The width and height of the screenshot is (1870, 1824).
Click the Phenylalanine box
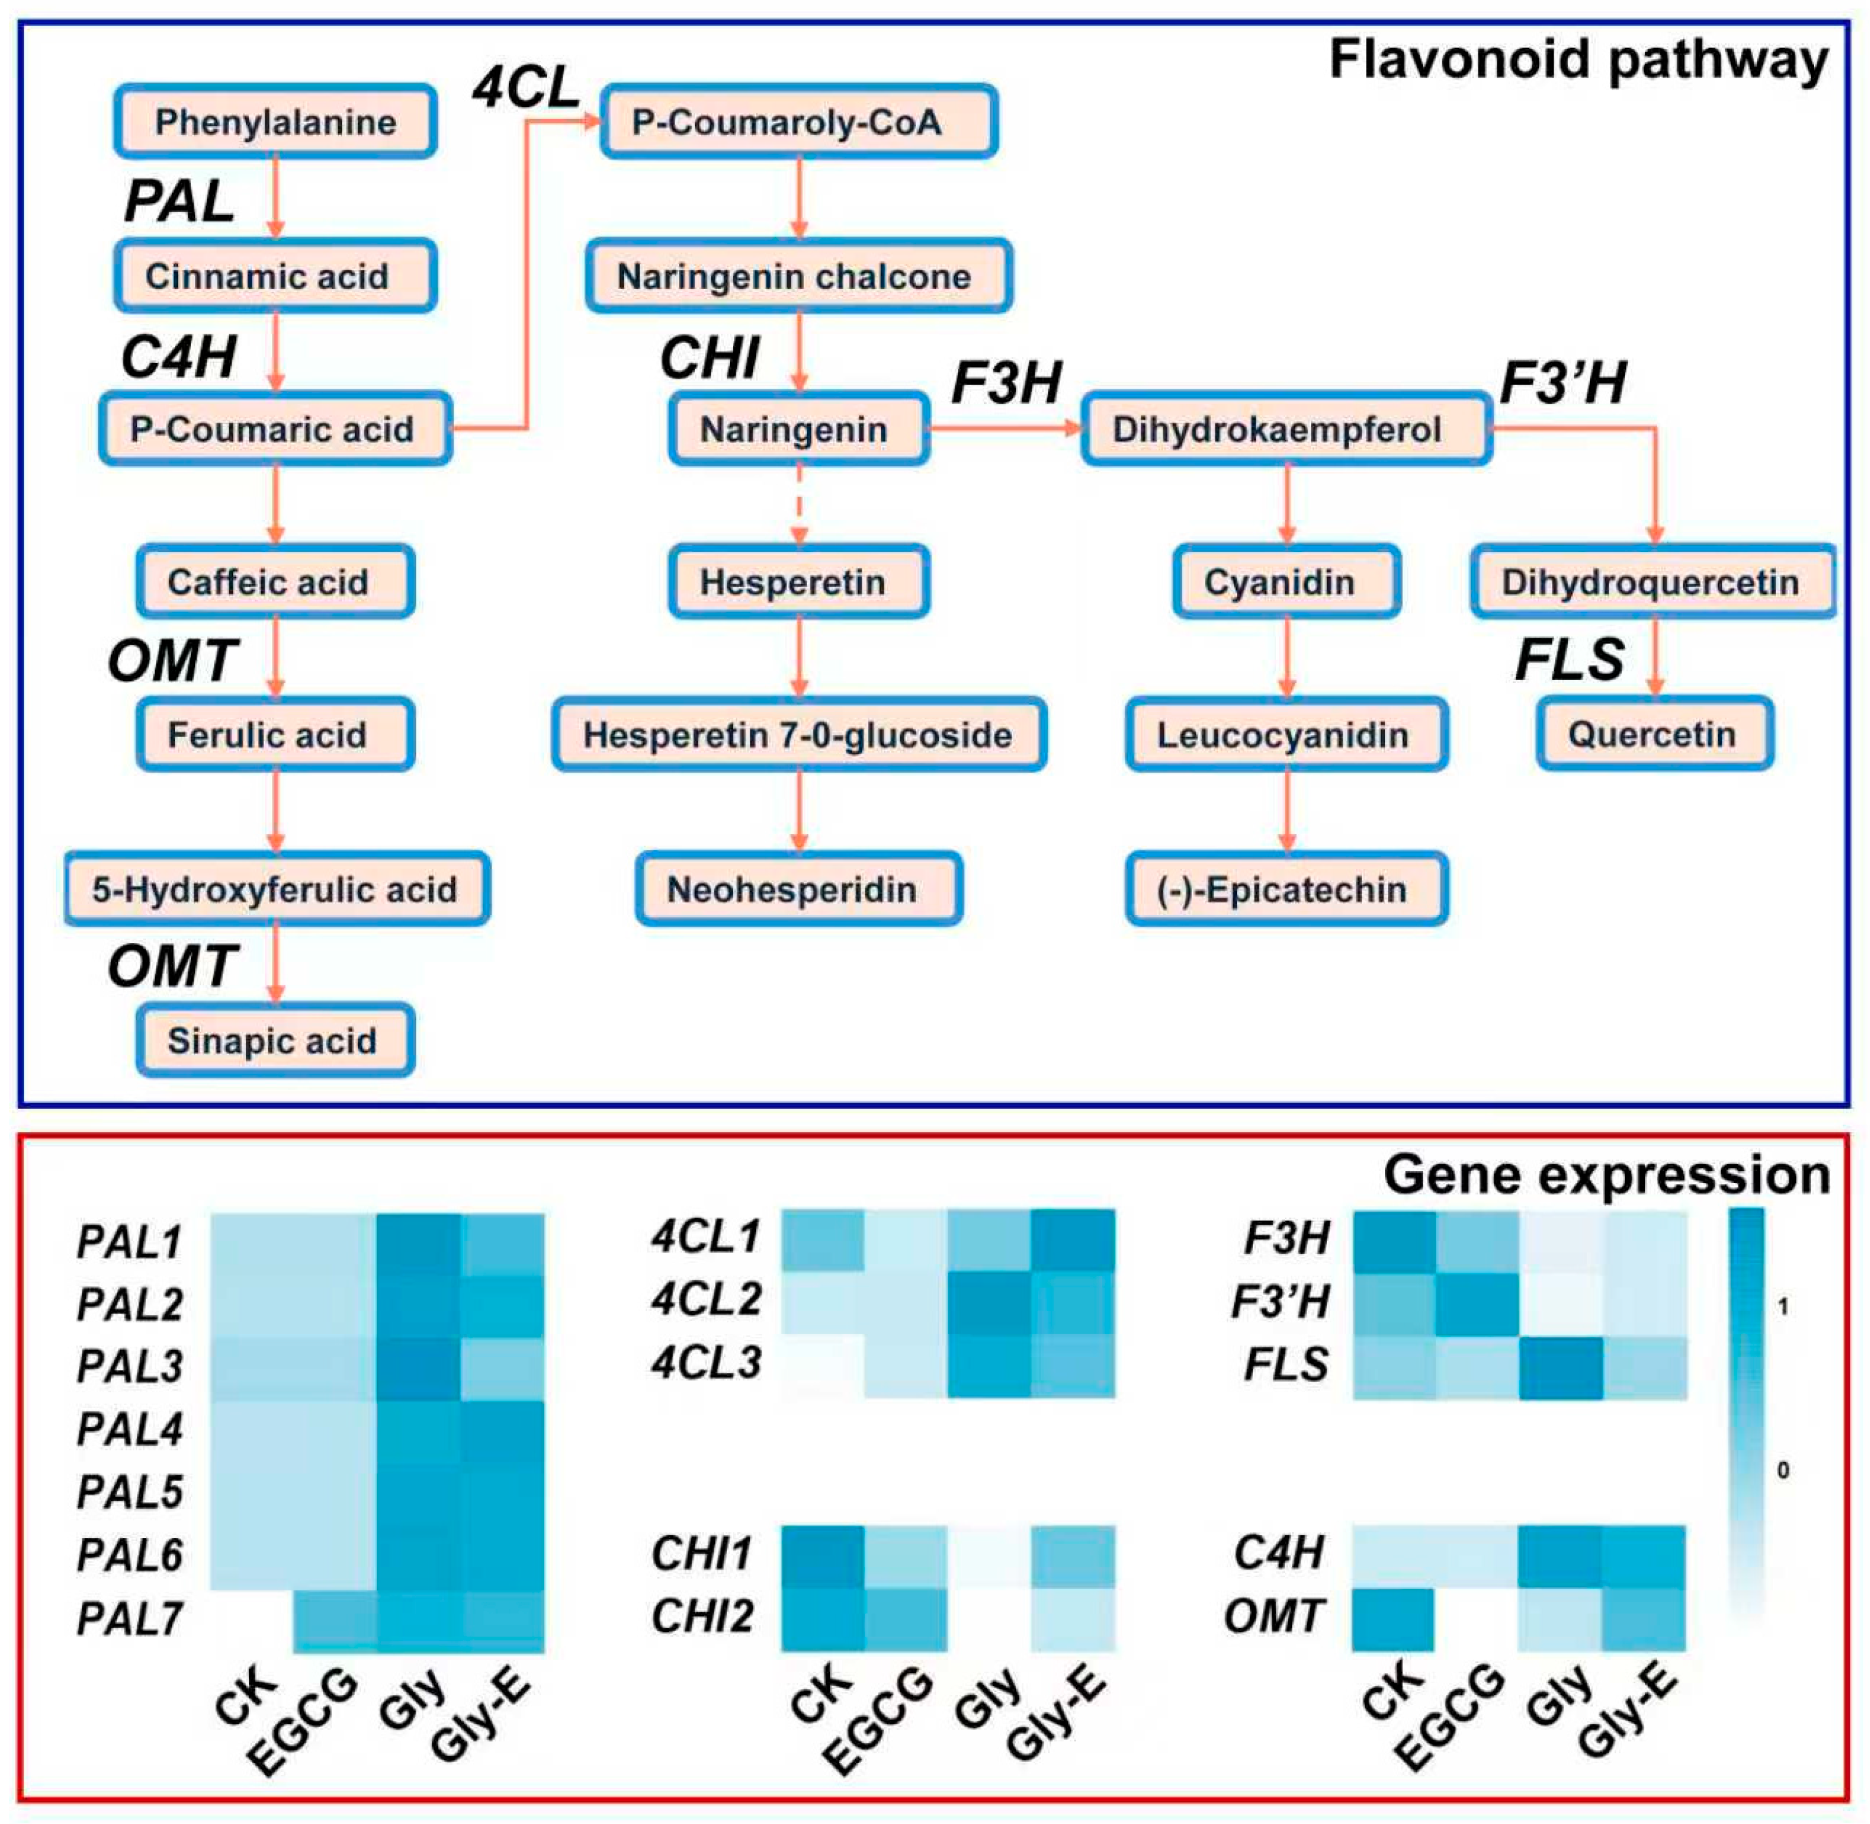(x=276, y=122)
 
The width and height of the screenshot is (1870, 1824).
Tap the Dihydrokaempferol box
(x=1285, y=429)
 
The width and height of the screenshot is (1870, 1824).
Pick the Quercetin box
(x=1654, y=735)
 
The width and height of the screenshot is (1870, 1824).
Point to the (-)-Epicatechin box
(x=1285, y=889)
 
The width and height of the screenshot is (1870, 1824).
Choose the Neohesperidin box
(x=798, y=889)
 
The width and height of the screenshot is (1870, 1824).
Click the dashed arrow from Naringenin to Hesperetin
(x=799, y=505)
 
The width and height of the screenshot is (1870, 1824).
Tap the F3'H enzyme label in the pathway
(x=1562, y=383)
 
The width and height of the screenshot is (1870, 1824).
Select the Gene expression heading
(x=1606, y=1175)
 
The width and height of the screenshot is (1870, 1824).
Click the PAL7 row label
(x=129, y=1619)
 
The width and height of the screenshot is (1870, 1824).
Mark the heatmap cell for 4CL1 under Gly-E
(x=1073, y=1241)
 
